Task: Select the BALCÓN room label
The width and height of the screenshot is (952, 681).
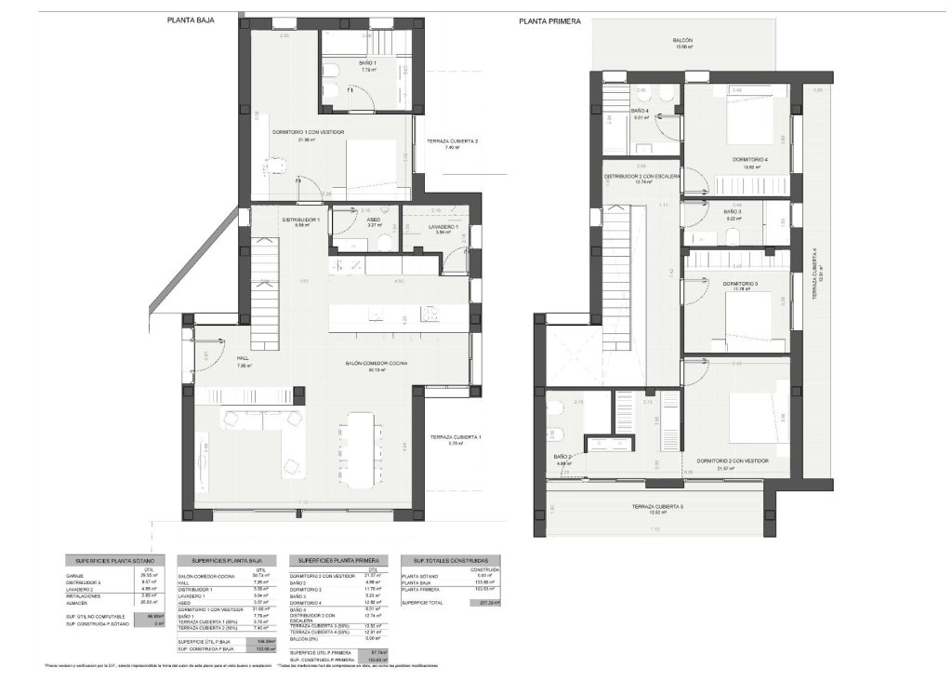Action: point(683,41)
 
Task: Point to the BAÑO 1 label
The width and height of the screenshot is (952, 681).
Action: point(368,63)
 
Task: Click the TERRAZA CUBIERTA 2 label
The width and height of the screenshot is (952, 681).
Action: point(452,141)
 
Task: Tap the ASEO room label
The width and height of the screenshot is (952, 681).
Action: point(373,220)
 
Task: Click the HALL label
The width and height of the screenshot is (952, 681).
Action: point(244,361)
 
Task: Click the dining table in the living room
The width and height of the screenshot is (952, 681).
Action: point(359,448)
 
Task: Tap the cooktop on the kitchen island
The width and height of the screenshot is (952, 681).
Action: point(430,314)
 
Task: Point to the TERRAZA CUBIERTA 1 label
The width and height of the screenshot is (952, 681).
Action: point(456,437)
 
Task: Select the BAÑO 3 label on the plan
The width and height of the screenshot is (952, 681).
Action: point(733,212)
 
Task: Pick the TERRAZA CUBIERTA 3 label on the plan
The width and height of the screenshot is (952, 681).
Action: point(658,506)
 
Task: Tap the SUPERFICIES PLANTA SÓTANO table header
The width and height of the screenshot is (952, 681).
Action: point(114,561)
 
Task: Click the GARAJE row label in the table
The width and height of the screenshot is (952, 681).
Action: point(76,576)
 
